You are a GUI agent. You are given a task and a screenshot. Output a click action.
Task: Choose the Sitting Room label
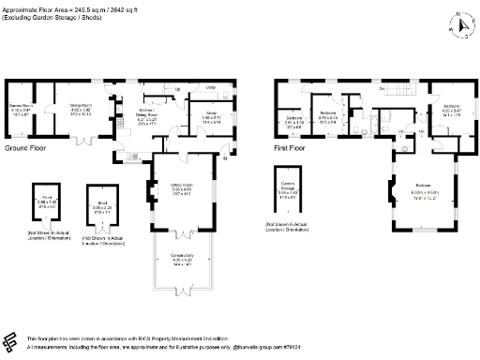click(171, 187)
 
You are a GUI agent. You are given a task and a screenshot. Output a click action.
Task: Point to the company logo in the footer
click(12, 340)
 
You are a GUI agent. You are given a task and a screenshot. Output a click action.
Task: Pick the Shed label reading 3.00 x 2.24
click(102, 205)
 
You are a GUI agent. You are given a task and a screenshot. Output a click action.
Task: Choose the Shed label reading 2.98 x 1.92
click(42, 201)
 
